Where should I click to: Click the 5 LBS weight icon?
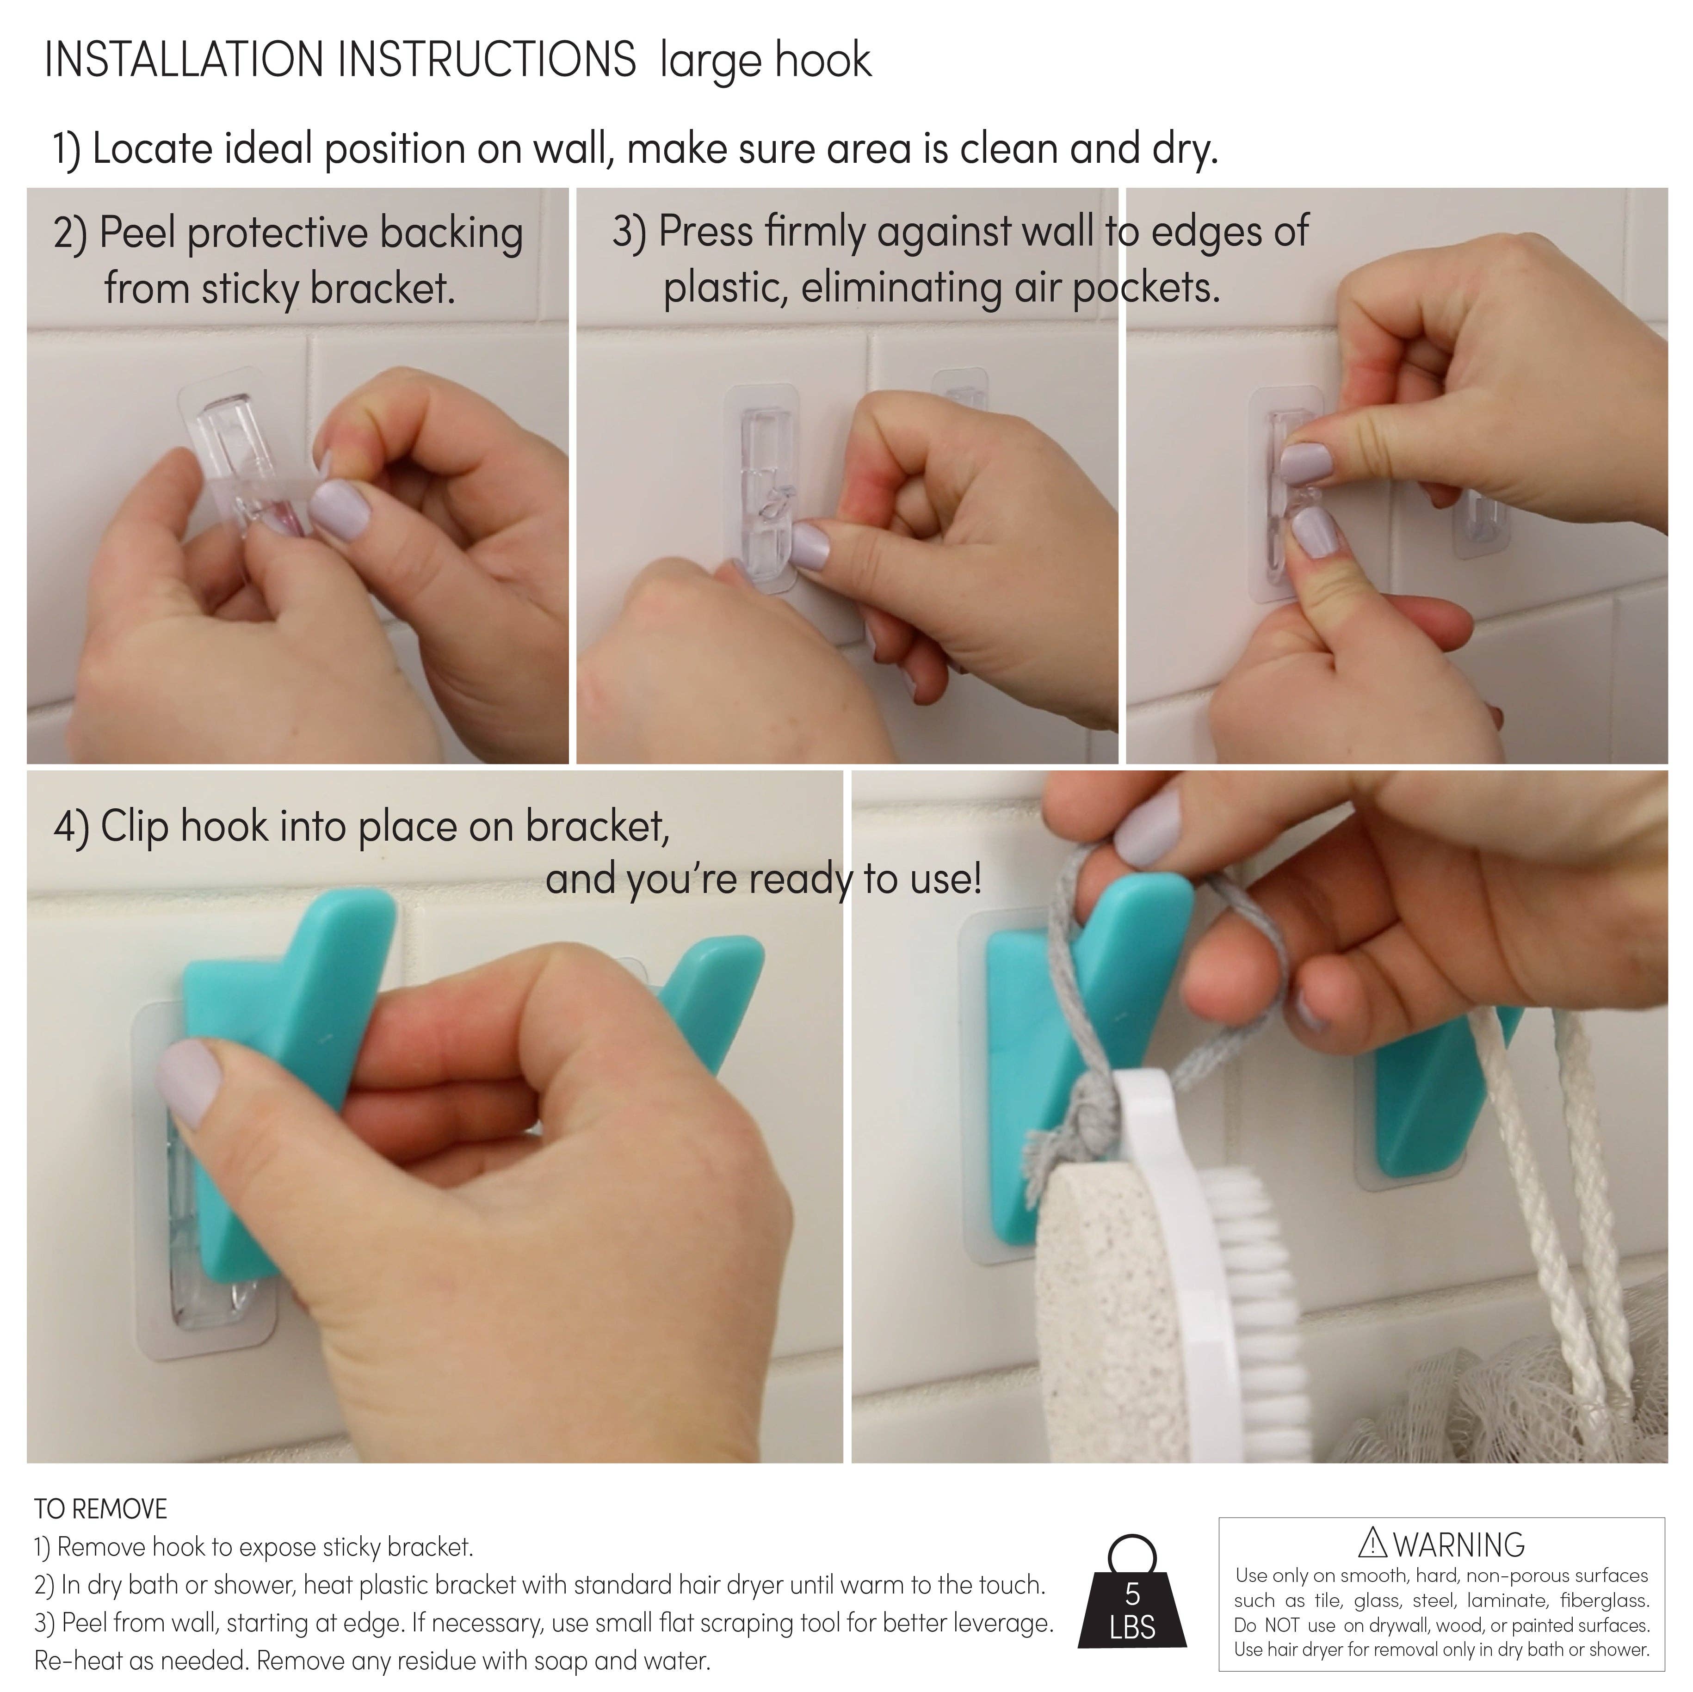pyautogui.click(x=1132, y=1604)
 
